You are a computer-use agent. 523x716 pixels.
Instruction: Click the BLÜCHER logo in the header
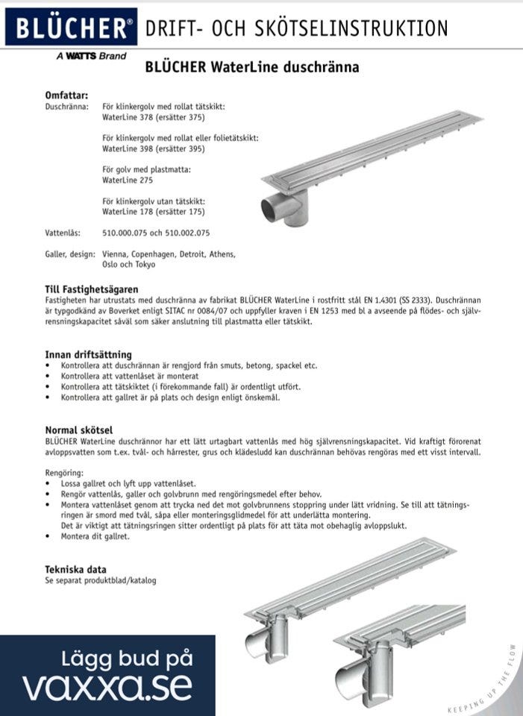71,28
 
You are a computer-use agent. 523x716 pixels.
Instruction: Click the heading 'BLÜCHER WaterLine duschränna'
252,67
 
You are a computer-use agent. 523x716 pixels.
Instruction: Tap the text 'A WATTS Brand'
91,56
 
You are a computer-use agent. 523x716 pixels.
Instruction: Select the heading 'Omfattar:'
67,95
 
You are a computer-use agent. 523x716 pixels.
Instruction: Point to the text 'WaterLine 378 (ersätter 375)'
153,117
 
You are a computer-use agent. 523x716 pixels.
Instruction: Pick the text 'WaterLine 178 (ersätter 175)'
153,212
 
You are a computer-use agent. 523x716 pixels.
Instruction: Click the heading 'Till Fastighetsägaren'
92,289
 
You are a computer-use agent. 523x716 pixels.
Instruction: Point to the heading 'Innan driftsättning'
88,354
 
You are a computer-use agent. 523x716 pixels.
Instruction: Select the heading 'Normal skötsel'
78,430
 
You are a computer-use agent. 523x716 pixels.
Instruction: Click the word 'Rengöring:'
64,473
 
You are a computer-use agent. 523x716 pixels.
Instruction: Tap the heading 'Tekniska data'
75,569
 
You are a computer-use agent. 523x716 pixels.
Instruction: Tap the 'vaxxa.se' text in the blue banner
107,685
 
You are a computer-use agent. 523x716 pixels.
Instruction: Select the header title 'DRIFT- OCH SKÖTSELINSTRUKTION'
297,28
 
